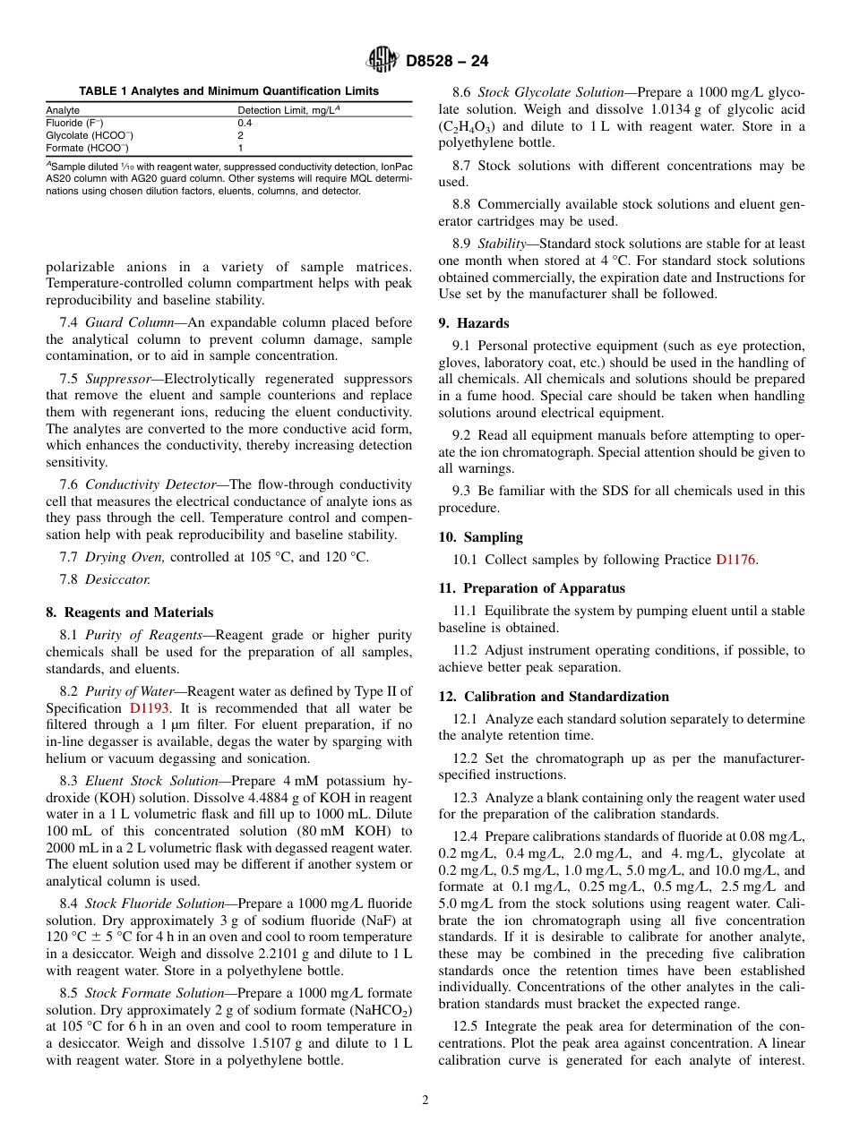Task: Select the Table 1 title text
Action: click(x=228, y=91)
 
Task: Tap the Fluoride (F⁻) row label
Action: click(x=74, y=123)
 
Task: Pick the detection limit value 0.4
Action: click(x=245, y=123)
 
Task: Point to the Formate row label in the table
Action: click(x=87, y=148)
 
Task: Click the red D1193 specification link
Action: click(x=149, y=707)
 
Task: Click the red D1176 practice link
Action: click(x=735, y=560)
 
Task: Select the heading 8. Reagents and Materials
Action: click(x=129, y=612)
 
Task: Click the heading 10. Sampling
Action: click(x=480, y=537)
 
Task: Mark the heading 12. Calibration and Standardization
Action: click(x=554, y=697)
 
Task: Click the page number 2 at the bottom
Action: click(x=425, y=1100)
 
